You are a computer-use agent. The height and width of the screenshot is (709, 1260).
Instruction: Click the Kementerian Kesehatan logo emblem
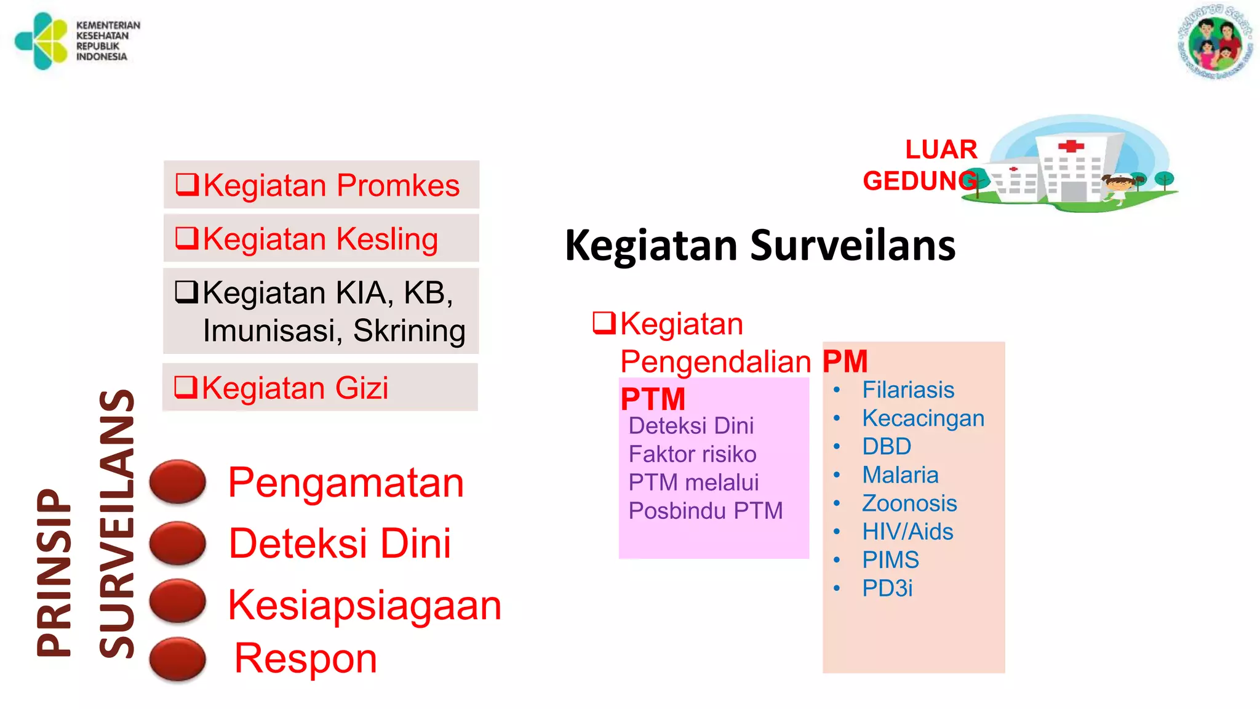(x=42, y=41)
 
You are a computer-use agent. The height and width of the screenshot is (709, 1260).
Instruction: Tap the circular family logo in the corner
(x=1215, y=42)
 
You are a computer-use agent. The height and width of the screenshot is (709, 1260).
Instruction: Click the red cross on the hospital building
(x=1071, y=146)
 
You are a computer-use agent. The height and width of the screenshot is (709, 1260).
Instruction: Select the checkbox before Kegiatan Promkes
(x=187, y=184)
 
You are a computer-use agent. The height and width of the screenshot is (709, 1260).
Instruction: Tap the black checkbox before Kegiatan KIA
(x=186, y=292)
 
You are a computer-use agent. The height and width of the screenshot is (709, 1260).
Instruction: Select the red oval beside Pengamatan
(x=178, y=481)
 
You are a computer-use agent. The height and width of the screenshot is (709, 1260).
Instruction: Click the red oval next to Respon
(x=178, y=659)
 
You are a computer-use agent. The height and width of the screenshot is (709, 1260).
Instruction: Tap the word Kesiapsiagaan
(x=364, y=605)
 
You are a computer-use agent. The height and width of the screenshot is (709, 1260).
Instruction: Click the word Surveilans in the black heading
(x=853, y=245)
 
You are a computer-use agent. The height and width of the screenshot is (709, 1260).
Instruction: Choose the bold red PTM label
(x=653, y=399)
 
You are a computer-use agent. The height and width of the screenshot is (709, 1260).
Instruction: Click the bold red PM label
(x=845, y=361)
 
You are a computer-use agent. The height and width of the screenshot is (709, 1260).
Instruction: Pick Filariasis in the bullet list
(x=908, y=390)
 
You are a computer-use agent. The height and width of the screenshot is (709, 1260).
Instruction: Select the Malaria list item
(x=900, y=475)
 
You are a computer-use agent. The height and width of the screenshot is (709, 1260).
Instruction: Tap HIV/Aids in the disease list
(x=907, y=531)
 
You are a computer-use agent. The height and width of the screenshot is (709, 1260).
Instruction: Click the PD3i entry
(x=887, y=588)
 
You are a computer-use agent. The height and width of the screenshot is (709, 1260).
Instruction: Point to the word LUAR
(x=941, y=150)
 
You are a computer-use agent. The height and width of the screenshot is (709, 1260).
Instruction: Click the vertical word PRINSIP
(x=54, y=572)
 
